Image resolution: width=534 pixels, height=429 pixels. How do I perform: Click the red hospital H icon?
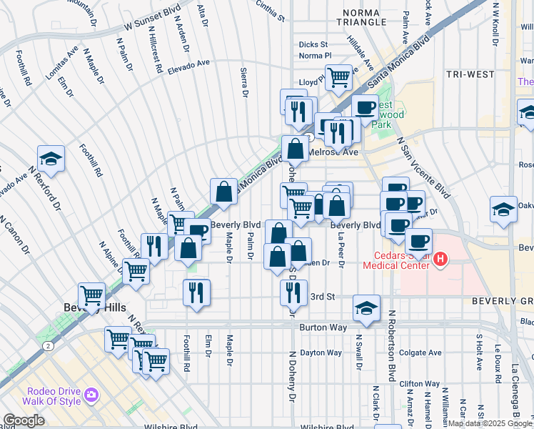(x=440, y=258)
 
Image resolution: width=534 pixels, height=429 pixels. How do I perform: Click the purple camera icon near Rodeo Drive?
(x=91, y=395)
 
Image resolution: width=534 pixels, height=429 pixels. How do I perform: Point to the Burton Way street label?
(x=323, y=327)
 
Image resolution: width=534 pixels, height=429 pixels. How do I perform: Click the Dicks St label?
(x=313, y=44)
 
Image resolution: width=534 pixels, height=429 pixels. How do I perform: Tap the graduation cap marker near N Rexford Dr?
(x=51, y=159)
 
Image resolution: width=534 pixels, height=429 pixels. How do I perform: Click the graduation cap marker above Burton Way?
(x=366, y=307)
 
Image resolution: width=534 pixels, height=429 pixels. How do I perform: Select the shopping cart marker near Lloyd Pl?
(x=338, y=76)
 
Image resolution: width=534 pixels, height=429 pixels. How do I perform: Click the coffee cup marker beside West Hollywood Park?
(x=364, y=108)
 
